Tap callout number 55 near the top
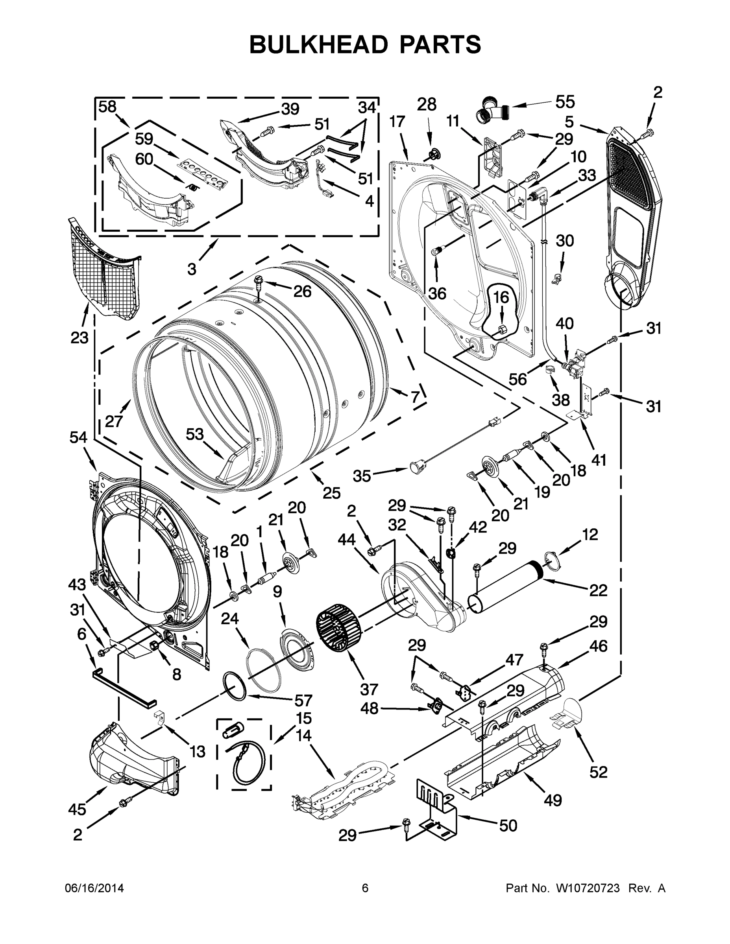[x=565, y=102]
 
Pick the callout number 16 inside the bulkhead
[x=501, y=298]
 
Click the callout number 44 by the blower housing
[x=346, y=539]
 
